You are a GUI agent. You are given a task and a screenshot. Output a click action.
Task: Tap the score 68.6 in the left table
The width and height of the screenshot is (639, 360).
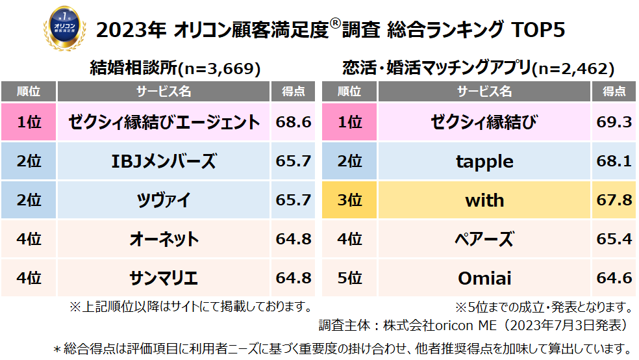click(x=294, y=122)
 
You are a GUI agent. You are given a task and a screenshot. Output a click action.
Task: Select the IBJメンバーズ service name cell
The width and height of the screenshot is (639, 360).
click(x=163, y=161)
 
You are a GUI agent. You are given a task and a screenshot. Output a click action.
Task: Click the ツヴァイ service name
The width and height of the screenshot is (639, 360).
click(x=163, y=200)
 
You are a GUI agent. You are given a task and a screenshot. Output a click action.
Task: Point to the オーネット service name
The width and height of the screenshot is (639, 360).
click(x=163, y=239)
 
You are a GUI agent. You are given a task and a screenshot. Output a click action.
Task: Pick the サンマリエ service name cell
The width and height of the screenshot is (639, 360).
click(x=163, y=279)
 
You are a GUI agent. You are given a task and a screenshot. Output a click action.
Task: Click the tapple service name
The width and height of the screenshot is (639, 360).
click(x=484, y=161)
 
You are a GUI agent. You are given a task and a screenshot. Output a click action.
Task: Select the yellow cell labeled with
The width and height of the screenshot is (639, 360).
click(x=484, y=200)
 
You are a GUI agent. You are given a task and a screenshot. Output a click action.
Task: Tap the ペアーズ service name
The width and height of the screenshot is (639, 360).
click(x=484, y=239)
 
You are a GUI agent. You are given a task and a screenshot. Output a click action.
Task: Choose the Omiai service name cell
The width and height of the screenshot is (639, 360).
click(x=484, y=279)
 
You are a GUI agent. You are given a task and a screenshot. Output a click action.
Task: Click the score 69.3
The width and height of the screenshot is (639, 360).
click(x=614, y=122)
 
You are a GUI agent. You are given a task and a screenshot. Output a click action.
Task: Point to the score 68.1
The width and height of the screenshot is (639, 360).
click(x=614, y=161)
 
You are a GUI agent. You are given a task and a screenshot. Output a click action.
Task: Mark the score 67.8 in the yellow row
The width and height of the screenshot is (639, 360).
click(x=614, y=200)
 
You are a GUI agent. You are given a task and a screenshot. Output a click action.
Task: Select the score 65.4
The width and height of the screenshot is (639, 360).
click(x=614, y=239)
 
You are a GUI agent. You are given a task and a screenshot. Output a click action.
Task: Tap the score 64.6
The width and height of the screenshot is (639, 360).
click(x=614, y=279)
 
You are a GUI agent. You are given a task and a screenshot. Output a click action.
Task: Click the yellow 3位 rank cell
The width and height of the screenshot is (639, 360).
click(x=349, y=200)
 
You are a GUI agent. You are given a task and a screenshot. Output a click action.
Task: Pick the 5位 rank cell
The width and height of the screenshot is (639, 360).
click(x=349, y=279)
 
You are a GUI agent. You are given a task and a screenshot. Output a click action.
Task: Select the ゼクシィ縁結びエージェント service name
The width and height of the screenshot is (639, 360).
click(x=163, y=122)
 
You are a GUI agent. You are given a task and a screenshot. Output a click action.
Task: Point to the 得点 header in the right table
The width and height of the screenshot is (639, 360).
click(x=614, y=92)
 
